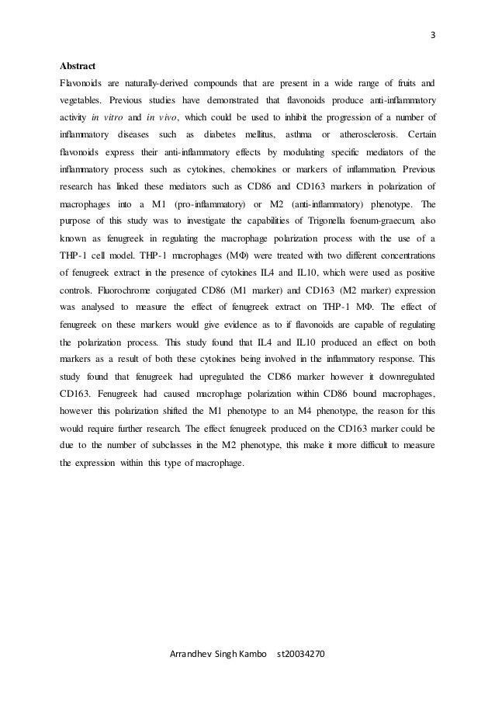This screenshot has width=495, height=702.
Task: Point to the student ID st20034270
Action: point(302,656)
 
